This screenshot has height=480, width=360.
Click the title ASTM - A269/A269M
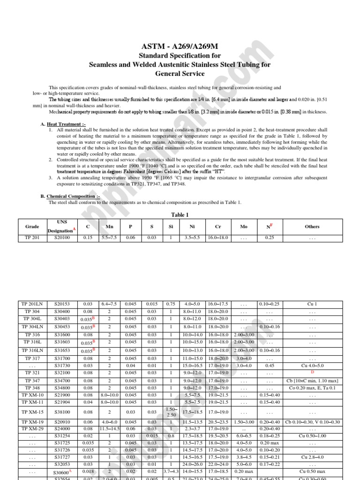tap(180, 47)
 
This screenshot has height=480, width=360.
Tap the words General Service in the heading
tap(180, 74)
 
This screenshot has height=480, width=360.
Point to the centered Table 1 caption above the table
tap(180, 215)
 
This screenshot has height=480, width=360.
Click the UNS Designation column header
tap(62, 226)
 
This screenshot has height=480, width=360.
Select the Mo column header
tap(244, 226)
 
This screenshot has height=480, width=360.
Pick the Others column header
tap(312, 226)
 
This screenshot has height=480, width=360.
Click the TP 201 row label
tap(32, 238)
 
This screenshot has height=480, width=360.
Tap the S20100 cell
tap(62, 238)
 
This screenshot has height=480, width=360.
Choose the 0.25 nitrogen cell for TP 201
tap(270, 238)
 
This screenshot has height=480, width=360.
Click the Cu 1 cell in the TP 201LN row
tap(312, 304)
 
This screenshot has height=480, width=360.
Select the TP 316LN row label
tap(32, 350)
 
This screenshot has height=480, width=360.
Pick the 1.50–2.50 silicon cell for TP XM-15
tap(171, 412)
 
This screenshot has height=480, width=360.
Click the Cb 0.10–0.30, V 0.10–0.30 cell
tap(312, 422)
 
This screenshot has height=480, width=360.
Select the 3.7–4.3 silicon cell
tap(171, 471)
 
